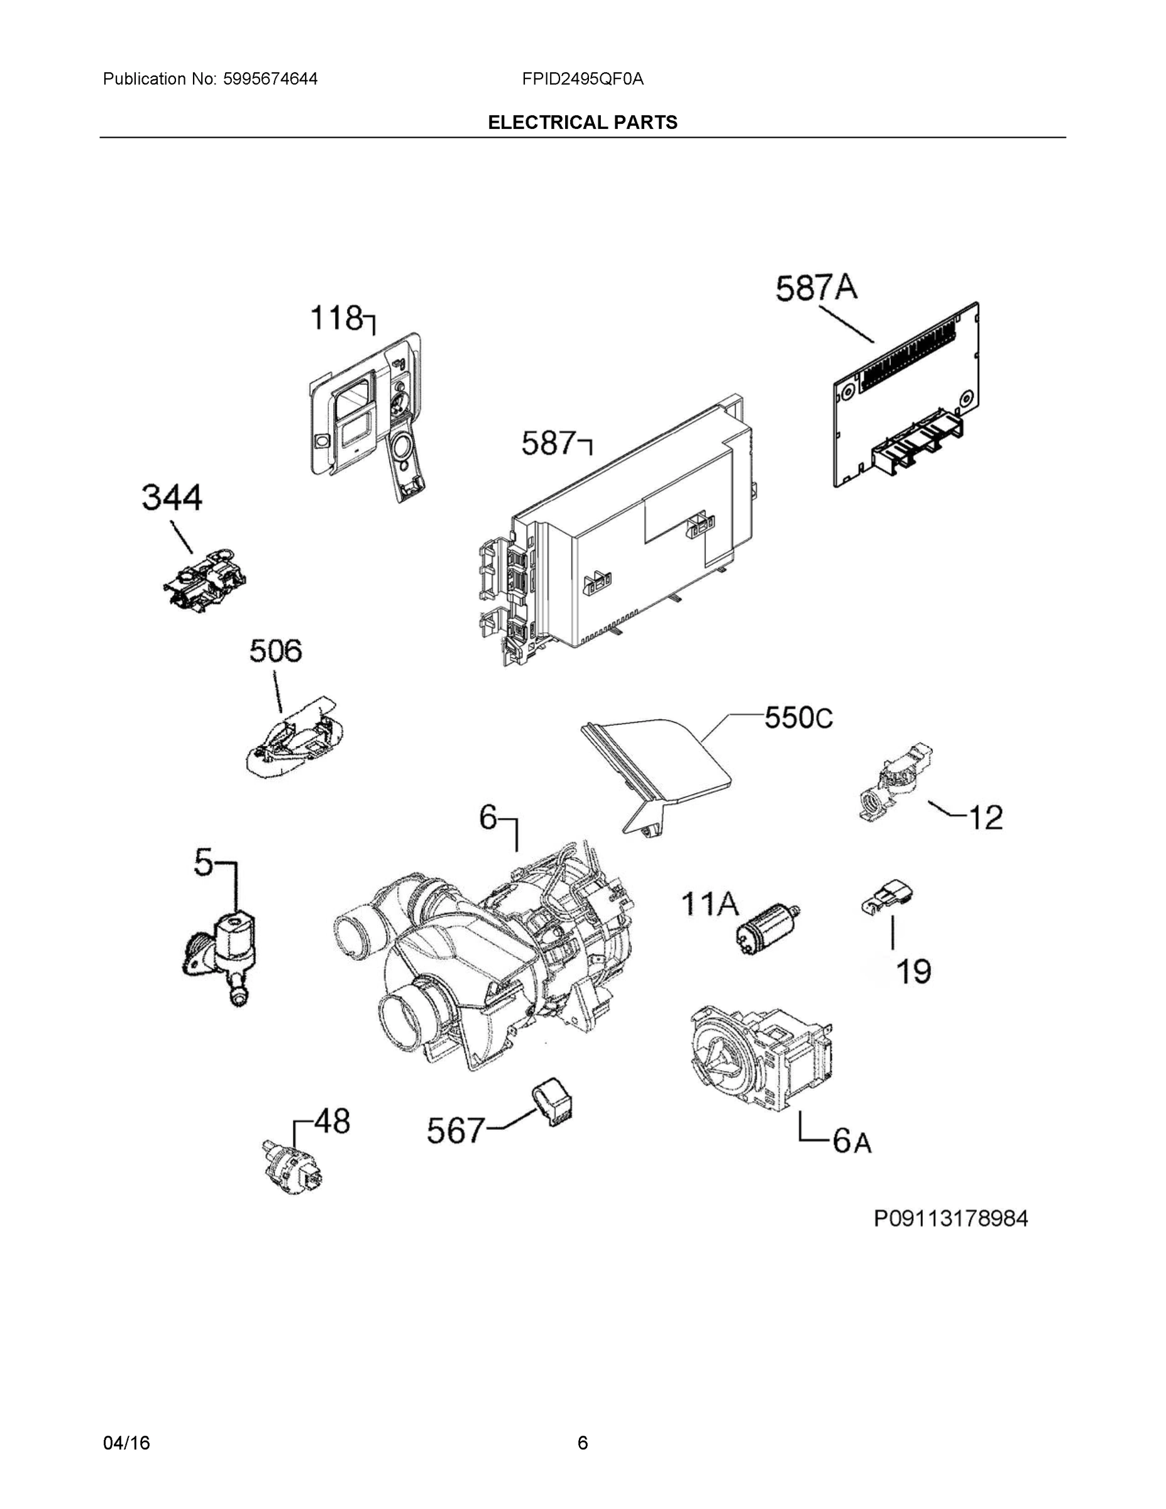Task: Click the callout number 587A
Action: click(816, 288)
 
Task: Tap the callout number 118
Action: click(336, 319)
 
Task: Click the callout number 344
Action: click(172, 497)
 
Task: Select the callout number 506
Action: click(275, 651)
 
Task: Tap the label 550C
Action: click(798, 718)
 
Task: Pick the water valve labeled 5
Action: click(225, 953)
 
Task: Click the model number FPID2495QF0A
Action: click(582, 79)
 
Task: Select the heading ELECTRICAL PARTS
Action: click(582, 123)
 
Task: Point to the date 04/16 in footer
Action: click(126, 1443)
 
